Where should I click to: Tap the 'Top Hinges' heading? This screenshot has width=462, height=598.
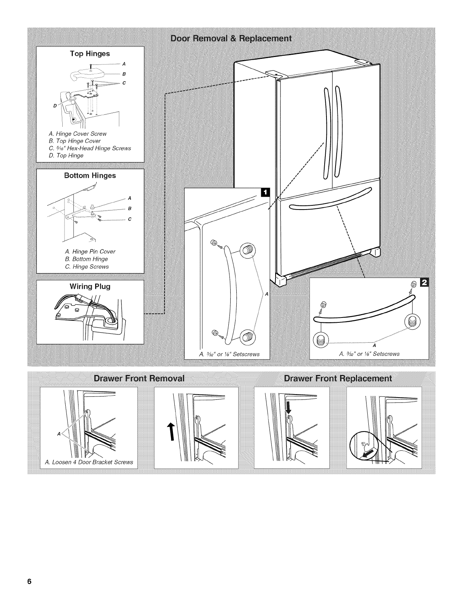pyautogui.click(x=90, y=54)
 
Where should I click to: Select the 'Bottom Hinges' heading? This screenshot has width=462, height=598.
pyautogui.click(x=90, y=176)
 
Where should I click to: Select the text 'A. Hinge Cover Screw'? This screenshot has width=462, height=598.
pyautogui.click(x=78, y=134)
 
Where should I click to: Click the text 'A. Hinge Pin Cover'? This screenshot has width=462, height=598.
pyautogui.click(x=90, y=251)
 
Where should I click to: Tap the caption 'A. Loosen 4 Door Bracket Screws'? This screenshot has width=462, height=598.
pyautogui.click(x=89, y=462)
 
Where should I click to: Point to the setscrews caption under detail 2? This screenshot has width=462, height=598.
pyautogui.click(x=369, y=354)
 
